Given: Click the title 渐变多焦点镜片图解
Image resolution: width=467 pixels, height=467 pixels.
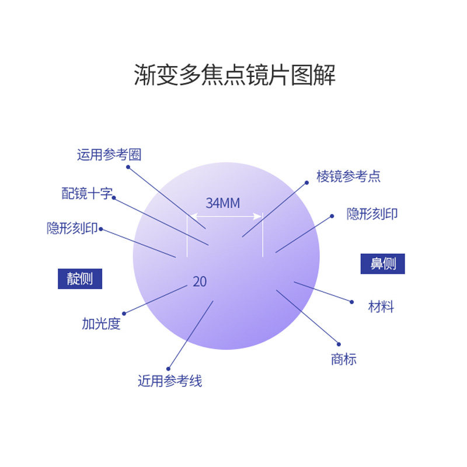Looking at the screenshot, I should point(235,76).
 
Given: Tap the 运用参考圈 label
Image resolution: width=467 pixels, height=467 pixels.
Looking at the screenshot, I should point(109,155).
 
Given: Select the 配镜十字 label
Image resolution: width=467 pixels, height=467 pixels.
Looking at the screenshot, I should point(86,194).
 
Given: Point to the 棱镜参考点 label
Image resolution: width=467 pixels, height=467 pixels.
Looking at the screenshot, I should point(348,176).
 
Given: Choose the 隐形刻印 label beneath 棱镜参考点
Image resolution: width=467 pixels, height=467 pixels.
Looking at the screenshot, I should point(372,214).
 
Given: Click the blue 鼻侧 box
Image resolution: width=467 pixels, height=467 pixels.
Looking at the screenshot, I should point(382,263).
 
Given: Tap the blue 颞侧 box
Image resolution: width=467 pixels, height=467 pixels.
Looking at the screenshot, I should point(80,278).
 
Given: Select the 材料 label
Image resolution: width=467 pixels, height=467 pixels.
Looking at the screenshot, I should point(381,306).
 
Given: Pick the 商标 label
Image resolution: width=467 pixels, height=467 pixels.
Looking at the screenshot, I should point(343,359).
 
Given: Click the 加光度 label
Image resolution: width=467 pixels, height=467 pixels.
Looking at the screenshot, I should point(101,324).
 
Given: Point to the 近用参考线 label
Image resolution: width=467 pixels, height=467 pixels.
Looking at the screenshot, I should point(170,381).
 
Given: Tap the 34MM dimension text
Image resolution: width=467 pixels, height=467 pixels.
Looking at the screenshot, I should point(223,203).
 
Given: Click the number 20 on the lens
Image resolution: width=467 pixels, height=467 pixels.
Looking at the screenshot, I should point(200,281).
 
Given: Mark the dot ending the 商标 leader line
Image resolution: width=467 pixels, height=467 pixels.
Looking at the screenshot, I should point(339,343).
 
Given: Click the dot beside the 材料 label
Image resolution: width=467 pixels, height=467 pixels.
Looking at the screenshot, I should point(352,302).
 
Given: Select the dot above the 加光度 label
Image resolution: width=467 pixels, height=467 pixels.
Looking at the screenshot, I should point(123,313).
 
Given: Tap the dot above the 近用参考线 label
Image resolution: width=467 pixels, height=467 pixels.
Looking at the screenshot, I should point(168,368).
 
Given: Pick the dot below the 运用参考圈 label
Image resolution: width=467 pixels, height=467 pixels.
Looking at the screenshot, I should point(128,166).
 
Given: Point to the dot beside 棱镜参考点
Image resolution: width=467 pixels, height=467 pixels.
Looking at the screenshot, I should point(306,182).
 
